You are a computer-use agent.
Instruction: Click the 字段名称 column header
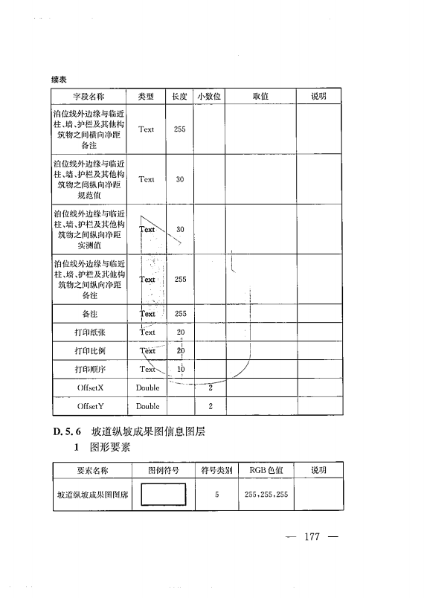click(x=89, y=96)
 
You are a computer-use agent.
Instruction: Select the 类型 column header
click(x=146, y=96)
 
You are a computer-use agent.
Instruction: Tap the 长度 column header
click(x=179, y=96)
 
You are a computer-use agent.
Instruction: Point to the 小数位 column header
click(x=210, y=96)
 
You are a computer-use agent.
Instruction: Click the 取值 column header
click(x=260, y=96)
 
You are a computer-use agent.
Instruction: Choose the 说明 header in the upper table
click(x=318, y=96)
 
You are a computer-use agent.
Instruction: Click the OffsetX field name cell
click(x=89, y=388)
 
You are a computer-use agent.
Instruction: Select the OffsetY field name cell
click(x=89, y=406)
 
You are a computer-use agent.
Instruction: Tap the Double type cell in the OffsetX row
click(x=147, y=388)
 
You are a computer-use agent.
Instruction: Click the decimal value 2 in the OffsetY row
click(x=211, y=406)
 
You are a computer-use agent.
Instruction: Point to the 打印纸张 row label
click(x=89, y=332)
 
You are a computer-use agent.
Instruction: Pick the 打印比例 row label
click(x=89, y=350)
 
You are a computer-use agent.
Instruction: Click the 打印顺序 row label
click(x=89, y=369)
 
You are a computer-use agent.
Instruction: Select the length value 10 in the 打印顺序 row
click(x=179, y=369)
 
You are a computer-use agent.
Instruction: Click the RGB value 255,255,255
click(x=266, y=494)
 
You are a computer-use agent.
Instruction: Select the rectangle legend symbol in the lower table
click(x=164, y=494)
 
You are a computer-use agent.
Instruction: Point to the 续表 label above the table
click(x=60, y=78)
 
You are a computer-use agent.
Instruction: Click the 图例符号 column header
click(x=164, y=470)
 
